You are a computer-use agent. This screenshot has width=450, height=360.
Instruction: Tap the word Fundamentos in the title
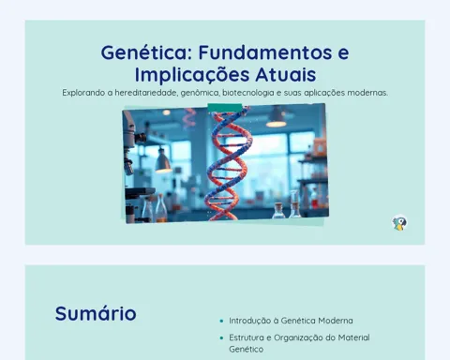coord(265,52)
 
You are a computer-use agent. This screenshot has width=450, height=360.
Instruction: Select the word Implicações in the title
coord(192,75)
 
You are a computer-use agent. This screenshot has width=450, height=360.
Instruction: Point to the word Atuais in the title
coord(286,74)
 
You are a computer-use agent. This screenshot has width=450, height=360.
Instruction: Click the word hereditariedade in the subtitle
coord(146,93)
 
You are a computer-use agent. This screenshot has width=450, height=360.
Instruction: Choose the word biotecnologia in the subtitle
coord(248,93)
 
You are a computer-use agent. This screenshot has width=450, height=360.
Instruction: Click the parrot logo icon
coord(399,223)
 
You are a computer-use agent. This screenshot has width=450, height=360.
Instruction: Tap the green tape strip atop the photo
coord(225,108)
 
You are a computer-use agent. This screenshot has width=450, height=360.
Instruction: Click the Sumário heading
coord(96,313)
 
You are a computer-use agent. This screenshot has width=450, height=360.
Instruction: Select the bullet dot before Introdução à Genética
coord(221,321)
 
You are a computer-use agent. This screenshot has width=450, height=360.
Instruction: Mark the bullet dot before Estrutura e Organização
coord(221,337)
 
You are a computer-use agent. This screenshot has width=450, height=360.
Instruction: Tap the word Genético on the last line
coord(247,349)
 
